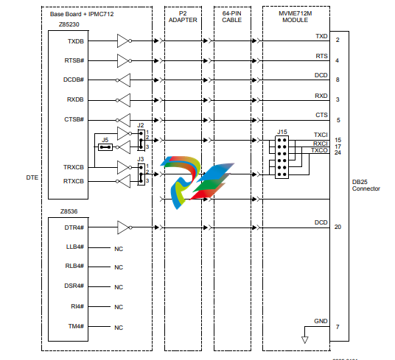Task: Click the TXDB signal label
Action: pos(76,41)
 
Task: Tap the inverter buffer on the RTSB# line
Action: pos(125,60)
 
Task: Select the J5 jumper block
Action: pos(105,147)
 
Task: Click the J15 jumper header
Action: pos(282,157)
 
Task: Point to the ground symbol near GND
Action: pos(305,340)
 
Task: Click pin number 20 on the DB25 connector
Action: pos(338,227)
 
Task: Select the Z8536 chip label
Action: pos(69,211)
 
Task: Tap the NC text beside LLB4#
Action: pos(119,249)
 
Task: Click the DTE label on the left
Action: pos(32,177)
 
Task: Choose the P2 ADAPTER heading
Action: pos(183,17)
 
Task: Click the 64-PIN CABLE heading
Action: pos(231,17)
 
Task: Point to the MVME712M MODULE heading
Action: pos(296,17)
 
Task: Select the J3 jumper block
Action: pos(141,174)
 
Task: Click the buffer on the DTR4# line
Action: pos(125,227)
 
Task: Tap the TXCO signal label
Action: pos(319,150)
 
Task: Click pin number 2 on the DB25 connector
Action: pos(338,40)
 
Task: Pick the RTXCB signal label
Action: pos(73,181)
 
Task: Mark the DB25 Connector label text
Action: pos(366,186)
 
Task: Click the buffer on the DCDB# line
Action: pos(123,80)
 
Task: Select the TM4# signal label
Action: pos(76,326)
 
